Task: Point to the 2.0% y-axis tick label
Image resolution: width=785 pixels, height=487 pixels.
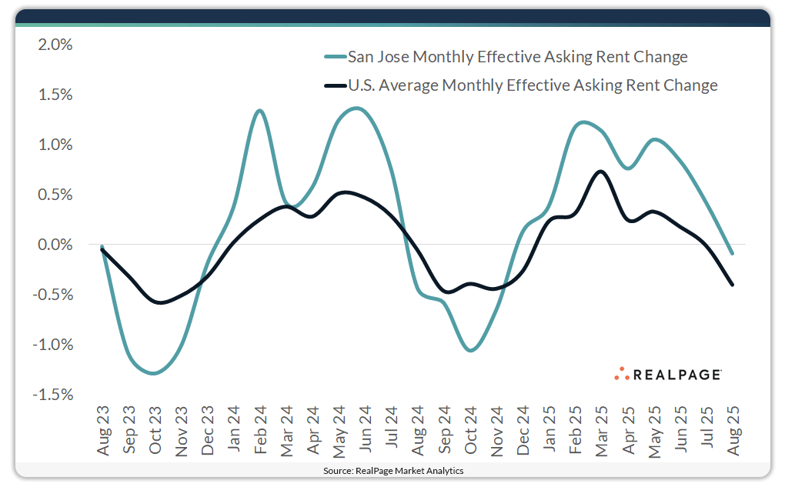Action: point(55,45)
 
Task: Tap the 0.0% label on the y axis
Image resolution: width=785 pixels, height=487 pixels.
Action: point(55,245)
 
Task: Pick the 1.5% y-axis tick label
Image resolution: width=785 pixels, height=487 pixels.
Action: point(55,95)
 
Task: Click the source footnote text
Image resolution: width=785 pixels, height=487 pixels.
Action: point(392,470)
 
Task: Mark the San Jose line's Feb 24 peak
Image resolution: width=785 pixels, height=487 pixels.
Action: point(259,111)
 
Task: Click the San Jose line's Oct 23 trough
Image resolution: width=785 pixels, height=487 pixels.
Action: point(155,373)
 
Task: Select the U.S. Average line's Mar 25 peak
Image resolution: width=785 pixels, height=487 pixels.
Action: point(601,172)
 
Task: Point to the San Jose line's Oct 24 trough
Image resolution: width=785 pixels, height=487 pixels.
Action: point(470,350)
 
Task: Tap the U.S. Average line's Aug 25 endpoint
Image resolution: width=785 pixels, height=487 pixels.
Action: point(732,285)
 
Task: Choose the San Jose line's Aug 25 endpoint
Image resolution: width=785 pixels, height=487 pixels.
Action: point(732,253)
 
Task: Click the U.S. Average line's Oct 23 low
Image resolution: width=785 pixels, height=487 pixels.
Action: point(160,302)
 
